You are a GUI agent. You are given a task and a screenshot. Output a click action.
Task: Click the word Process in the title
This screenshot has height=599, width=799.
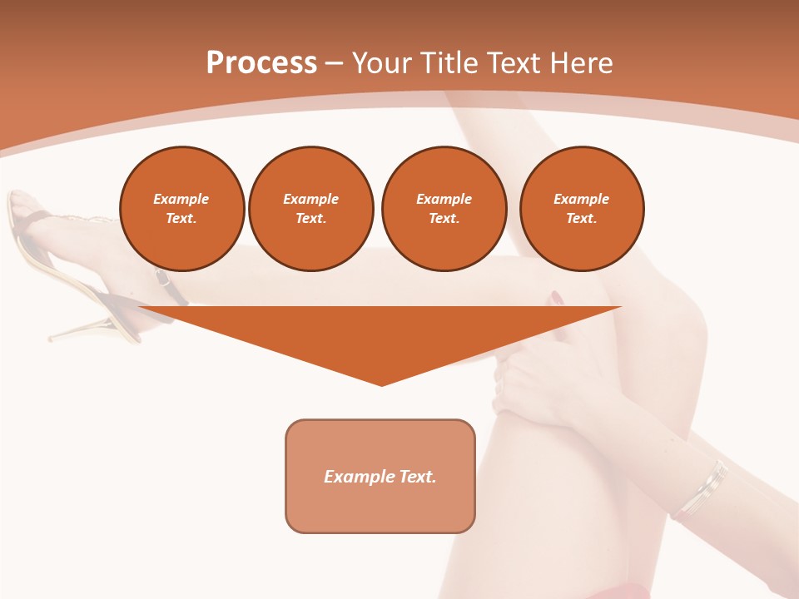coord(261,63)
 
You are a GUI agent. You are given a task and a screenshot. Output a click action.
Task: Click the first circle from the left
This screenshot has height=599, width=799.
coord(181,209)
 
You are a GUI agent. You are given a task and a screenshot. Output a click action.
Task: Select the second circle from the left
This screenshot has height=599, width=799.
coord(310,209)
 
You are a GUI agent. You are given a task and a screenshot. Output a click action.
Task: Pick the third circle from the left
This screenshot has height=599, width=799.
coord(444,209)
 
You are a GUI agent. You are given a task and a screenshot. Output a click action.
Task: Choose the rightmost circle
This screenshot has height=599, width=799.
coord(581,209)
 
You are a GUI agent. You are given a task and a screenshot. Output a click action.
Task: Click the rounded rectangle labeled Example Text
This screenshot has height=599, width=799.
coord(380,476)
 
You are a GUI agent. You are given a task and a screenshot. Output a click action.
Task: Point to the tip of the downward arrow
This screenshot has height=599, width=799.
coord(381,384)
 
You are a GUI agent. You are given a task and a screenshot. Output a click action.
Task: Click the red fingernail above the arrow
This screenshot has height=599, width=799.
coord(556,297)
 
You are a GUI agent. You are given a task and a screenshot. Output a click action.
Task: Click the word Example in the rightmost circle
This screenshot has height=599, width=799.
coord(581,199)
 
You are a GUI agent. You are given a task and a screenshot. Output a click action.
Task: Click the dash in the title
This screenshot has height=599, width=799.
coord(334,63)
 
